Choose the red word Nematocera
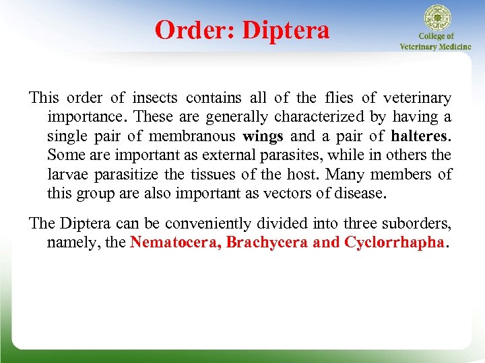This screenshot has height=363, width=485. point(174,243)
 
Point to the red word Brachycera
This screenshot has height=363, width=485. point(268,243)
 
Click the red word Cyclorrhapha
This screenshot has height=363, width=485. point(394,243)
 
